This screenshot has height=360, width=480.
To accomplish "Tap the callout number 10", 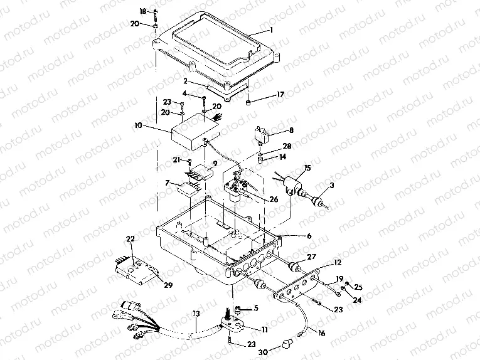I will pos(137,125).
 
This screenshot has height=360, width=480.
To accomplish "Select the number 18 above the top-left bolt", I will pos(142,11).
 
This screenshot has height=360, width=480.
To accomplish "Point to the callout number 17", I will pos(280,95).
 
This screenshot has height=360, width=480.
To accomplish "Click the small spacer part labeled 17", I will pos(250,102).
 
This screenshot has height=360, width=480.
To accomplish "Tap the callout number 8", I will pos(290,130).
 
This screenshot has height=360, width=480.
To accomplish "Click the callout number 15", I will pos(307,167).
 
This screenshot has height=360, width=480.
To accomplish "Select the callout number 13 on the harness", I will pos(196,313).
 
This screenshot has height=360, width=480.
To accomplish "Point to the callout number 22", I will pos(131,239).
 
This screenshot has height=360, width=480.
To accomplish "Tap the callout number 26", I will pos(274,199).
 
